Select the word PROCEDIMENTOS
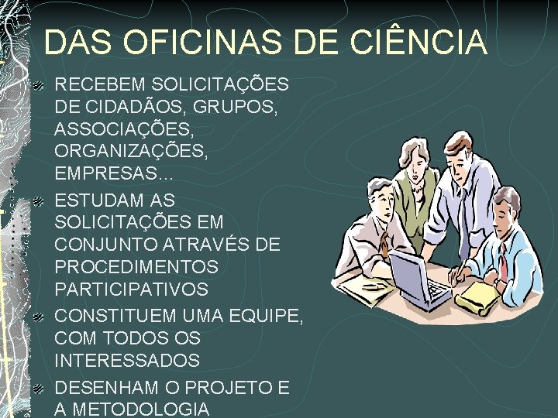136,267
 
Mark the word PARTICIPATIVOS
131,290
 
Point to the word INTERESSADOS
128,361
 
